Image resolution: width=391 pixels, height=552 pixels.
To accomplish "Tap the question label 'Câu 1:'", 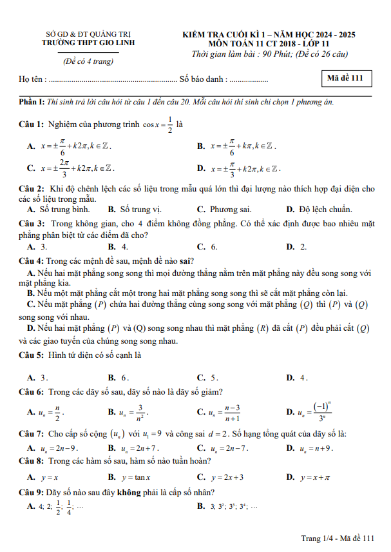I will [31, 124].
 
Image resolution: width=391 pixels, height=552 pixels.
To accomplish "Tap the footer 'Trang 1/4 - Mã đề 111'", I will [337, 538].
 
